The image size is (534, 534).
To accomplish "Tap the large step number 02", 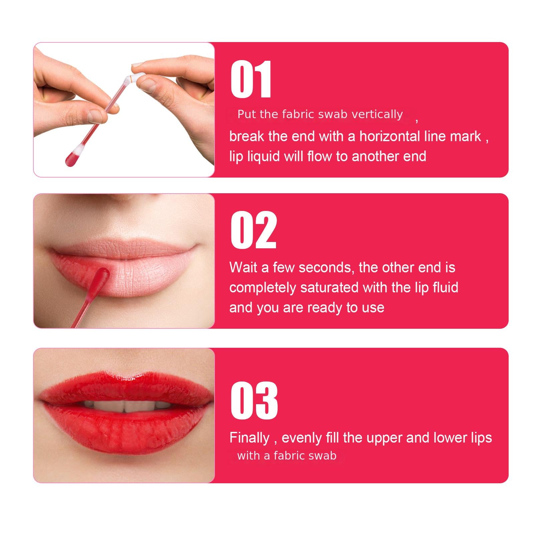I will coord(253,230).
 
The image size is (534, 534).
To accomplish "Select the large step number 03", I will coord(254,400).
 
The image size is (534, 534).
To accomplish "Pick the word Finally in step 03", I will coord(249,438).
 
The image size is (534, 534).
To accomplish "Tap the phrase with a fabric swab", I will coord(287,456).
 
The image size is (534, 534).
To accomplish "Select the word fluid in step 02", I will coord(446,288).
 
